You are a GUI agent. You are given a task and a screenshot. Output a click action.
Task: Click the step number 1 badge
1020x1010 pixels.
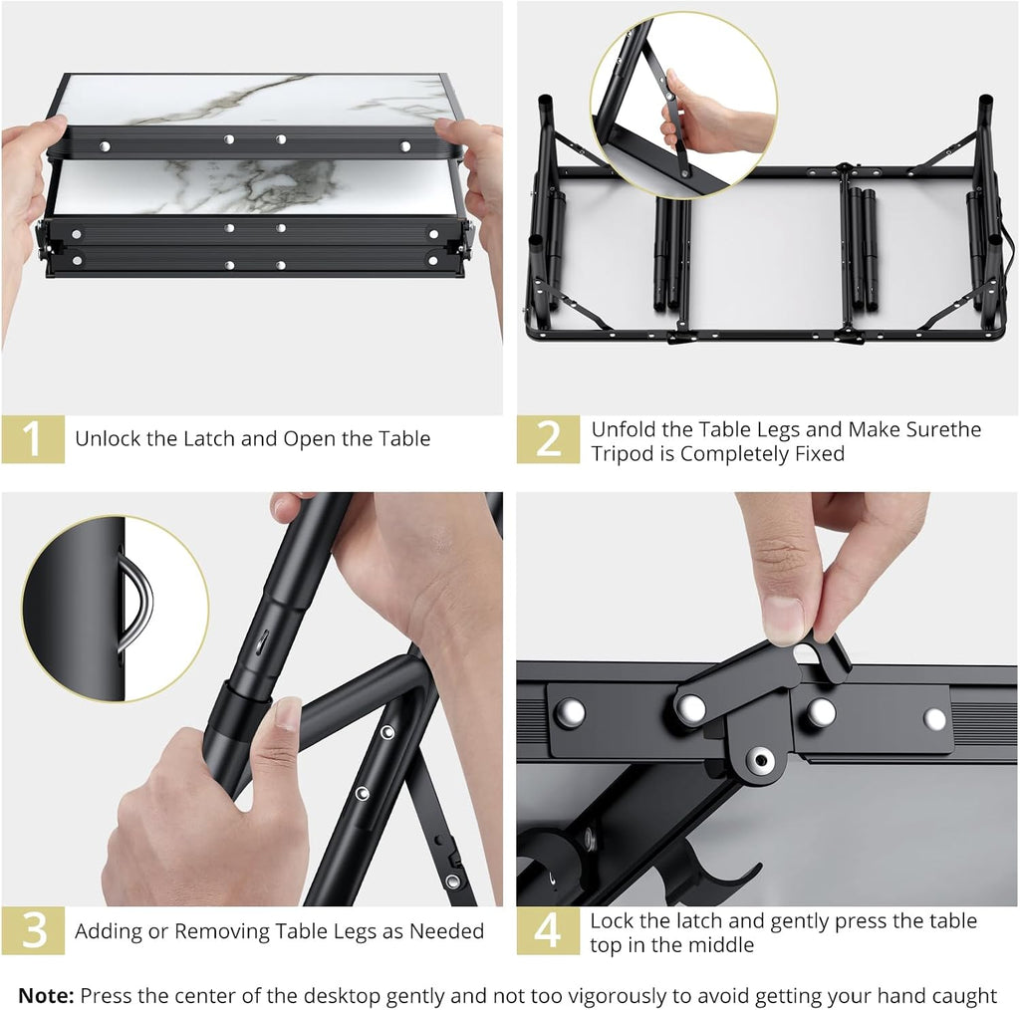33,439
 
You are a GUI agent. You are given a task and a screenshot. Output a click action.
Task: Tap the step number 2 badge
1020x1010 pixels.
548,439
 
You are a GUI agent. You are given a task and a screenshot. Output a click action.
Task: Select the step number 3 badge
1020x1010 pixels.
33,930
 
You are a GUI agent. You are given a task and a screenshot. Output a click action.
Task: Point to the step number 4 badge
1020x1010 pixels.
548,930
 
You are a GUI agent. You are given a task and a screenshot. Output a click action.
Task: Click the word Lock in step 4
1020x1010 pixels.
613,921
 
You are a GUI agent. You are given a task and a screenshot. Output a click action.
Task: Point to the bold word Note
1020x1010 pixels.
46,996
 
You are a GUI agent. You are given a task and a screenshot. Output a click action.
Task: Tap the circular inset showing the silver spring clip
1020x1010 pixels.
116,609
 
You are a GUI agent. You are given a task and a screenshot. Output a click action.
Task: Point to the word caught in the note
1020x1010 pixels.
963,996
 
